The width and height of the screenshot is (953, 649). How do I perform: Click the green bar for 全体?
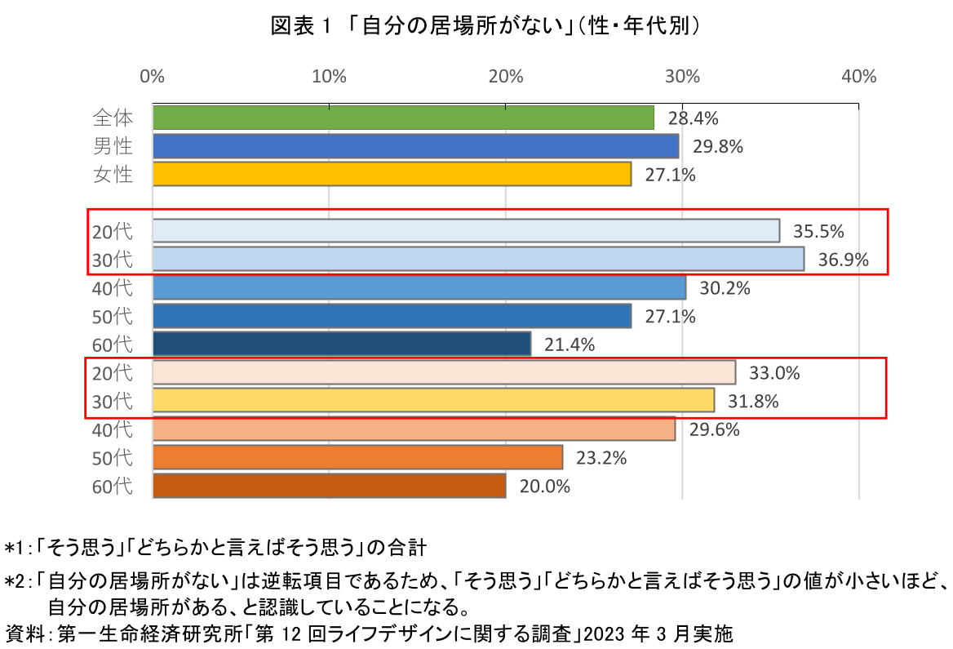403,118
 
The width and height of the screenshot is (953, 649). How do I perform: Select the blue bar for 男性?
415,146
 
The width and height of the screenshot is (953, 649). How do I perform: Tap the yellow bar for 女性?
392,174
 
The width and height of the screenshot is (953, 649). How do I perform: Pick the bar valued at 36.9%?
478,260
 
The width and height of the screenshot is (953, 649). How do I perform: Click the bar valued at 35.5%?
466,231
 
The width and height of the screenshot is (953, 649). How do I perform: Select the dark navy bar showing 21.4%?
342,344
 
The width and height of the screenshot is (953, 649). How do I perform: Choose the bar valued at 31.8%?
433,401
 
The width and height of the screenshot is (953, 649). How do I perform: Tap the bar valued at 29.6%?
414,429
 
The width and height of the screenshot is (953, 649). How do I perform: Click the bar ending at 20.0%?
329,486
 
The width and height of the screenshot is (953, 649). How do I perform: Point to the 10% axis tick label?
328,77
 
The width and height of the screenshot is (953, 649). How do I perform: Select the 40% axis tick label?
858,77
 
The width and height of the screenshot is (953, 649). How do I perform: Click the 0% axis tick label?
153,77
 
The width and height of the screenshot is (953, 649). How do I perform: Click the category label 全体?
112,118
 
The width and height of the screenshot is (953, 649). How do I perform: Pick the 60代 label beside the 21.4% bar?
112,345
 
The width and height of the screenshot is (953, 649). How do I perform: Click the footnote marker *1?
16,545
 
